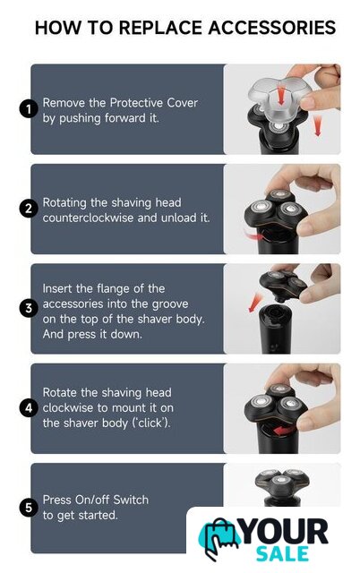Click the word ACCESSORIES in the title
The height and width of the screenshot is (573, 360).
[272, 28]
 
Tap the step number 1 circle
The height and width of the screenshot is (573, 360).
[29, 109]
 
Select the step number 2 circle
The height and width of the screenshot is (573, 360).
[29, 209]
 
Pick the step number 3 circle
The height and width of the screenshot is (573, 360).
[29, 308]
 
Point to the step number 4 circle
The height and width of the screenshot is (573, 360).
[29, 408]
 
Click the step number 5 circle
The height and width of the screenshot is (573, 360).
[29, 508]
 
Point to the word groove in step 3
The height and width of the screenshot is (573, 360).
[170, 304]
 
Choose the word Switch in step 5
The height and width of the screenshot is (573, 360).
[131, 500]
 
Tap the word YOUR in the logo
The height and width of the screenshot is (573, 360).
[285, 532]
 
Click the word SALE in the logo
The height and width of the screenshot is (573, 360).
[282, 554]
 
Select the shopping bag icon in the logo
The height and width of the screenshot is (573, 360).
[219, 539]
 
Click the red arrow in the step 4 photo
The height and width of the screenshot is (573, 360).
[284, 431]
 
